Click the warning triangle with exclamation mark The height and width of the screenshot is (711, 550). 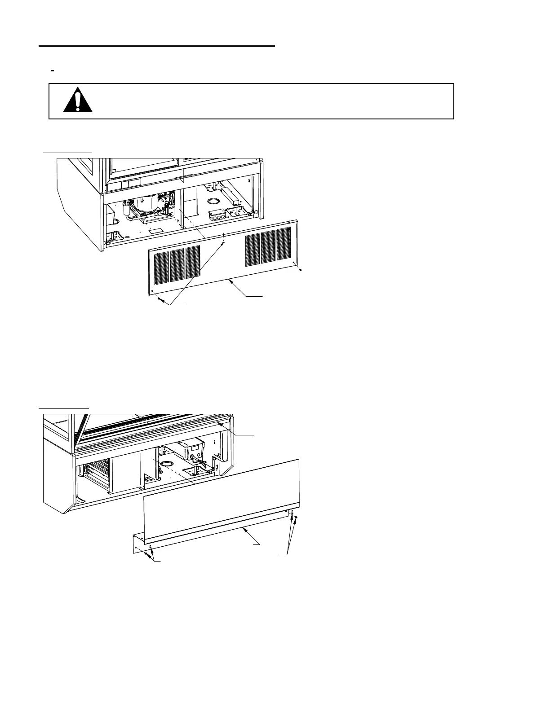(78, 100)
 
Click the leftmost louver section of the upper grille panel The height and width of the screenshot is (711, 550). (162, 267)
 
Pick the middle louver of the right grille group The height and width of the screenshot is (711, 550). (268, 246)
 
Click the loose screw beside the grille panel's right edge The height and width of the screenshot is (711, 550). (300, 270)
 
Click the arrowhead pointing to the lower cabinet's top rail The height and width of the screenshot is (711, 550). (218, 422)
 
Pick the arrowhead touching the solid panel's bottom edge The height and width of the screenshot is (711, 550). (244, 530)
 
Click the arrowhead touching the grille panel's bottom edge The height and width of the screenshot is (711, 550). (230, 280)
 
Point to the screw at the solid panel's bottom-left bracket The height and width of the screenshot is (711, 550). (147, 555)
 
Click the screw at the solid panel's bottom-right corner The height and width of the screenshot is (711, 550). (296, 518)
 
